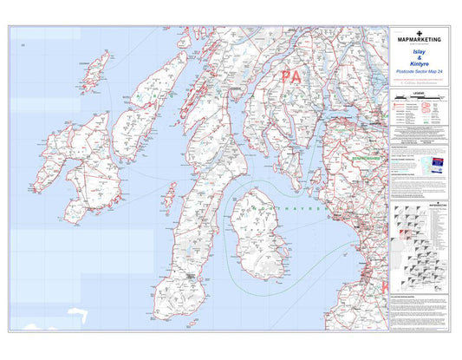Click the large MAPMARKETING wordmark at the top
pyautogui.click(x=420, y=40)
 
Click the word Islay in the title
pyautogui.click(x=420, y=52)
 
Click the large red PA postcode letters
pyautogui.click(x=290, y=77)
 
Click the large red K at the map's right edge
pyautogui.click(x=383, y=284)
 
